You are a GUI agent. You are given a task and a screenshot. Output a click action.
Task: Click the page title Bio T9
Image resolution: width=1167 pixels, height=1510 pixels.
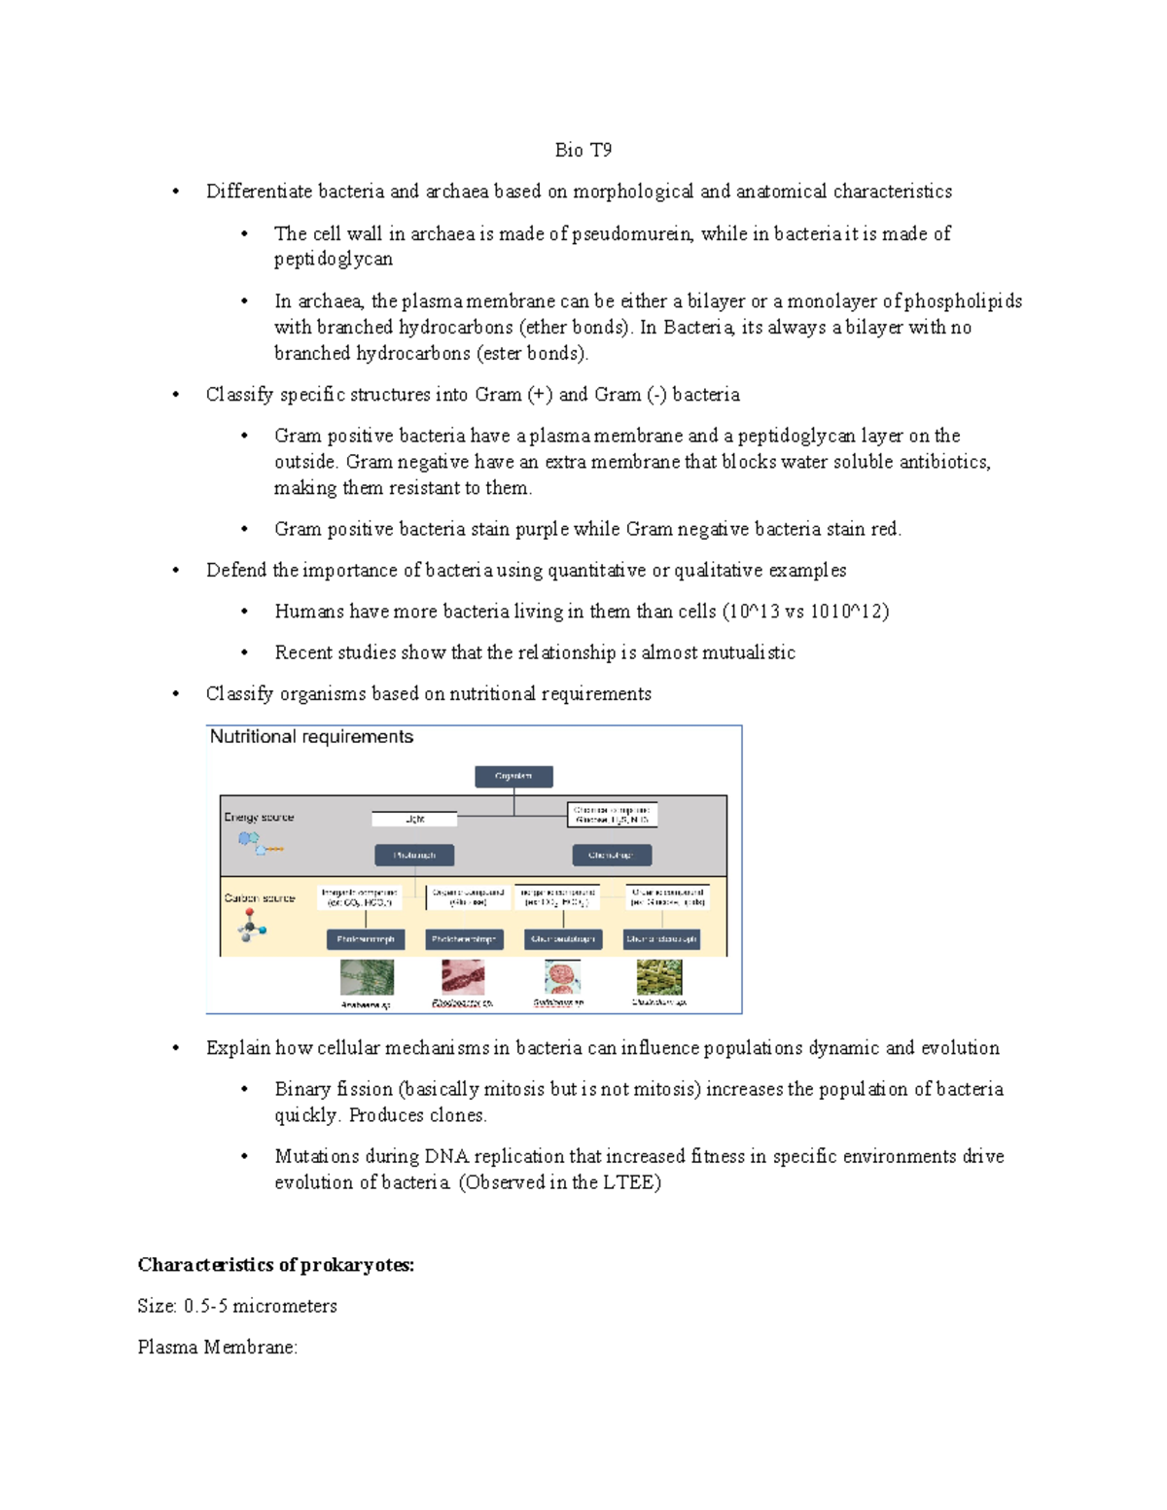pos(583,150)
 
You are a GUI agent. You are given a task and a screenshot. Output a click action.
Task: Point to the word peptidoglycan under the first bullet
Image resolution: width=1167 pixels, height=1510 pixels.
pos(333,259)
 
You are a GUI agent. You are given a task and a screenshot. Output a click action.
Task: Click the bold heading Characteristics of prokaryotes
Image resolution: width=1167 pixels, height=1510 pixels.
pos(275,1265)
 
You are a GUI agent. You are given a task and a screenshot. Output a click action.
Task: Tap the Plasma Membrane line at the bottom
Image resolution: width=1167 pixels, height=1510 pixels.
pos(217,1348)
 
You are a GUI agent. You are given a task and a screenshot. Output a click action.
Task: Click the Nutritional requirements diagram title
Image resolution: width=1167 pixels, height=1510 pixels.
pos(311,737)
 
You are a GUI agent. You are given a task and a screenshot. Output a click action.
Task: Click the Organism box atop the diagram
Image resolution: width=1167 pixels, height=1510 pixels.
pos(513,776)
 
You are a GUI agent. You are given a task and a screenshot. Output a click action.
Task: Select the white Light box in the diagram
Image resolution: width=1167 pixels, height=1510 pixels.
pos(414,819)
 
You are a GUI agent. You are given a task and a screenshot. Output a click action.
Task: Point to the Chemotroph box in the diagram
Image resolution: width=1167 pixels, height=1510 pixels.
pos(612,855)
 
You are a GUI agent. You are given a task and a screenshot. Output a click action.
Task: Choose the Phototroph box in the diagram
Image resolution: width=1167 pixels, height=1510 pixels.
pos(414,855)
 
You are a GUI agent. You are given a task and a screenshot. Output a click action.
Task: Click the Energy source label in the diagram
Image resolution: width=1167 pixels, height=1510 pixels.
pos(259,817)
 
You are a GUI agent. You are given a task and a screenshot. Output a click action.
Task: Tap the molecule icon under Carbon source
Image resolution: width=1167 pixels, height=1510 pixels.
pos(251,927)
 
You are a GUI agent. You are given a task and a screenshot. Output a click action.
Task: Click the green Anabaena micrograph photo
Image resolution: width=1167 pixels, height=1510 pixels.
pos(367,977)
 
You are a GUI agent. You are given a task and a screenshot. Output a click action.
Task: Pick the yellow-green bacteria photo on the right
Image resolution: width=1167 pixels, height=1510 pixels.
pos(659,976)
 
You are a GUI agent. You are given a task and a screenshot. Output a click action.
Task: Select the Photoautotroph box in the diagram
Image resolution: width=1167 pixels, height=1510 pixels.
pos(366,939)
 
